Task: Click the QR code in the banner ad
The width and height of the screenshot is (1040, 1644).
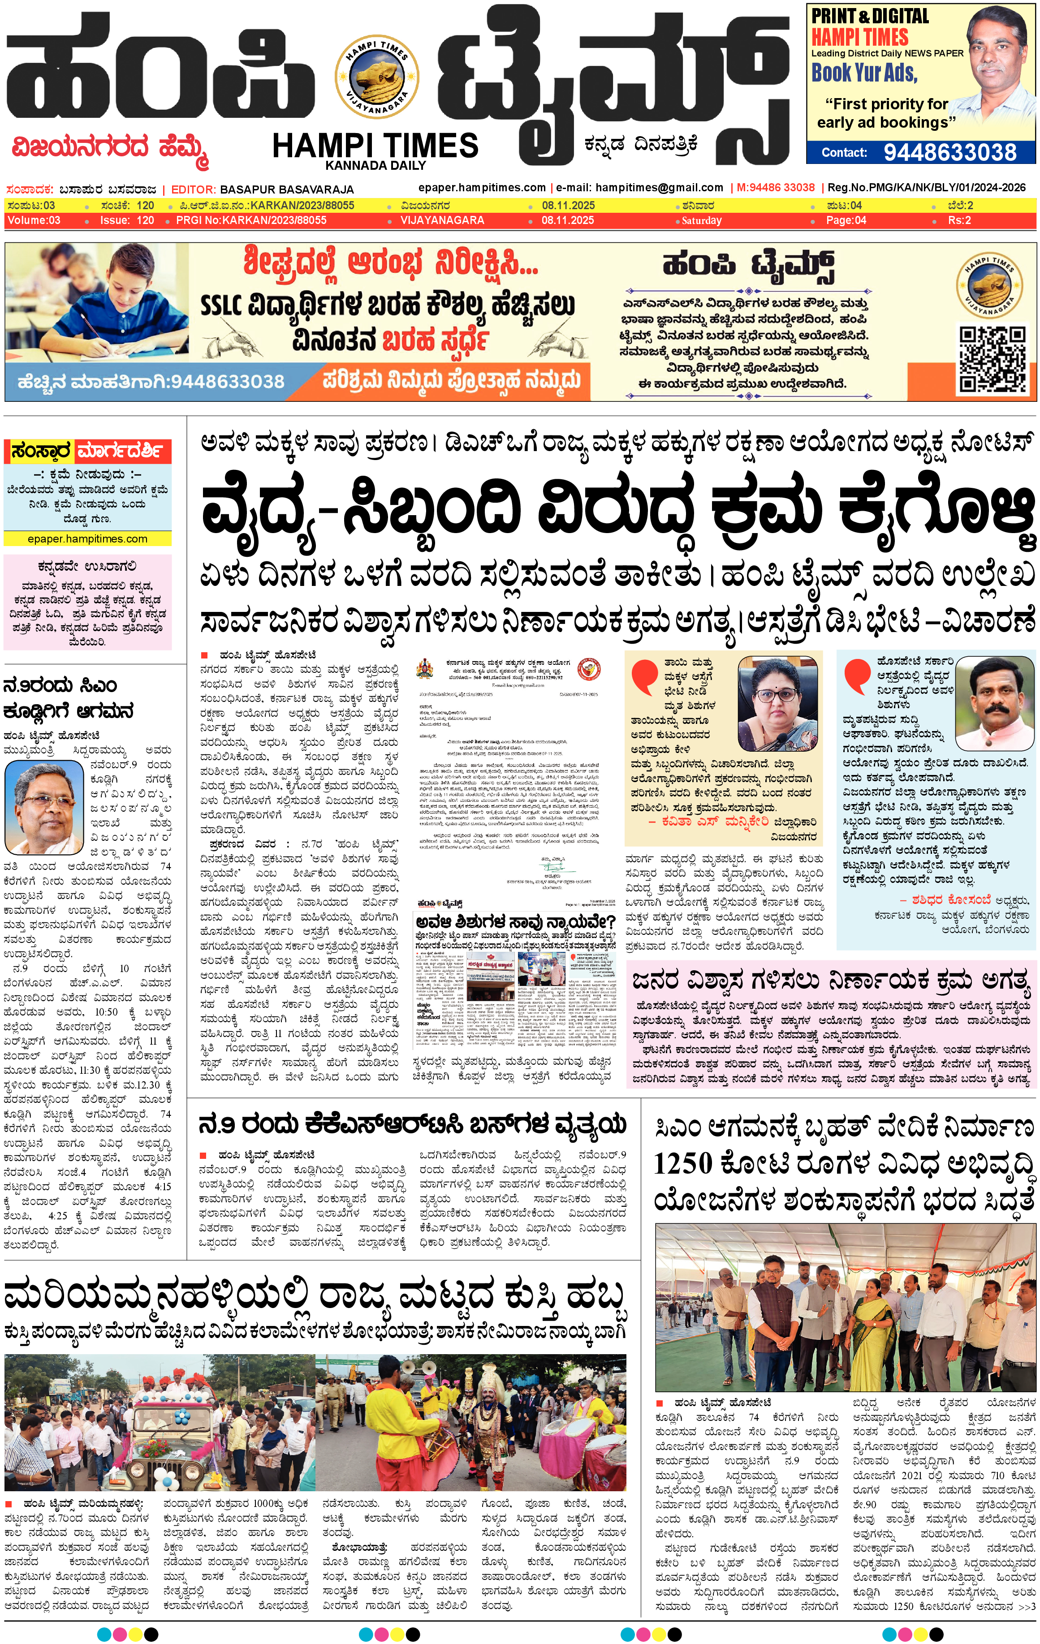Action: click(x=992, y=359)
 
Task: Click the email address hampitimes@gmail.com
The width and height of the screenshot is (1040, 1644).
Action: click(x=659, y=187)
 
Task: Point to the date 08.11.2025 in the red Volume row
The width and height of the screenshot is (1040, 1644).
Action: click(x=568, y=220)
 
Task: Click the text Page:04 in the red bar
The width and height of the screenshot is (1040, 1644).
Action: click(x=846, y=220)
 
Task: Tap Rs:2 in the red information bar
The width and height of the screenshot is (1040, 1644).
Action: click(x=959, y=220)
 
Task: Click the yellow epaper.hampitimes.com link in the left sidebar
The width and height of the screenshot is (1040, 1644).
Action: click(x=87, y=539)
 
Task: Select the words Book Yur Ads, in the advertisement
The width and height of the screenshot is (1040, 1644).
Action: click(x=864, y=73)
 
